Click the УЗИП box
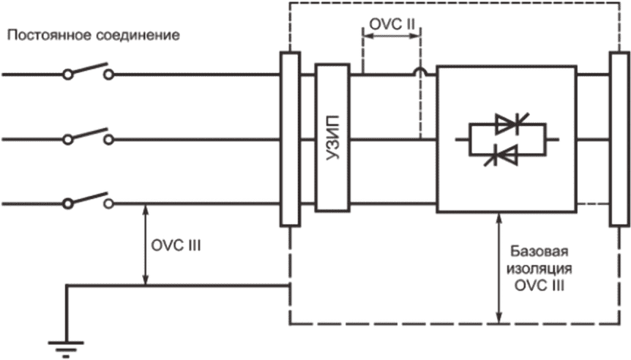(x=332, y=138)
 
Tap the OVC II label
(x=392, y=24)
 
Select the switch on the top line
(x=89, y=71)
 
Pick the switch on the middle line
(x=89, y=136)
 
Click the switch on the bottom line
(x=89, y=200)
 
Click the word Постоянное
(x=50, y=35)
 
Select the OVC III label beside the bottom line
(x=176, y=245)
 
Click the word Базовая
(x=539, y=252)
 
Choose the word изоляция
(x=539, y=269)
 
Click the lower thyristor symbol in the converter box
(x=501, y=155)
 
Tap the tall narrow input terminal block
(x=290, y=139)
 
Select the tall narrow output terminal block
(x=619, y=139)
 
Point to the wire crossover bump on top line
(x=420, y=71)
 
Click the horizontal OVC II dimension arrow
(x=392, y=36)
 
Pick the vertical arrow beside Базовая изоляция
(x=499, y=268)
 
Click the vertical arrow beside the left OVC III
(x=146, y=245)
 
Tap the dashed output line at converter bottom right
(x=593, y=204)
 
